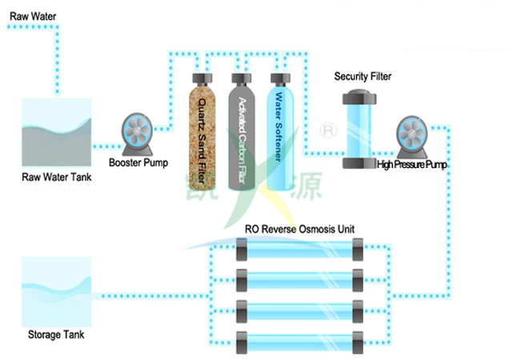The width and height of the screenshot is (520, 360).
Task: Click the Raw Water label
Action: point(33,16)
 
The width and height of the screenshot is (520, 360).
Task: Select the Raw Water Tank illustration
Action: point(56,132)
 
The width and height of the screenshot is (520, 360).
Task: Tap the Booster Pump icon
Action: point(137,134)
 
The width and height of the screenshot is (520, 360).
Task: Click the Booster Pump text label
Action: point(138,162)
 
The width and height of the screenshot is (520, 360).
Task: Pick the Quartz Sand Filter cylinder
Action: point(202,132)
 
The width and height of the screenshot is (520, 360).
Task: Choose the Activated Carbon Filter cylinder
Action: point(242,132)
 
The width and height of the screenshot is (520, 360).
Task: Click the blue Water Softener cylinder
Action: point(280,132)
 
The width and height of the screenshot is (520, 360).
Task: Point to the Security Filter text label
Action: point(362,76)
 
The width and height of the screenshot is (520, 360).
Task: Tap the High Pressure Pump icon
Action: point(412,137)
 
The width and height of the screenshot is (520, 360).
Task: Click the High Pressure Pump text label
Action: point(412,165)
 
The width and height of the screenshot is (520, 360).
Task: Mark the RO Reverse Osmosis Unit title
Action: point(299,229)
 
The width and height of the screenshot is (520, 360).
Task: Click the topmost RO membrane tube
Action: point(299,250)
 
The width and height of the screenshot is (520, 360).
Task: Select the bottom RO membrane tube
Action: point(299,342)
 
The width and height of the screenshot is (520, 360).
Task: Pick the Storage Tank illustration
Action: point(56,292)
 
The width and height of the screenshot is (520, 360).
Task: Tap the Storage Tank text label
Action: point(56,334)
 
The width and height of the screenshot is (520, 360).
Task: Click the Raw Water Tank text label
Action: point(56,177)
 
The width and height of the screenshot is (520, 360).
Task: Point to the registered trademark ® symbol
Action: point(328,130)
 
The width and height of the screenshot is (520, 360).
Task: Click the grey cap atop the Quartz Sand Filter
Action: point(202,79)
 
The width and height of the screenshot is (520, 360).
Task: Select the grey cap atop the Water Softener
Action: point(280,79)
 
